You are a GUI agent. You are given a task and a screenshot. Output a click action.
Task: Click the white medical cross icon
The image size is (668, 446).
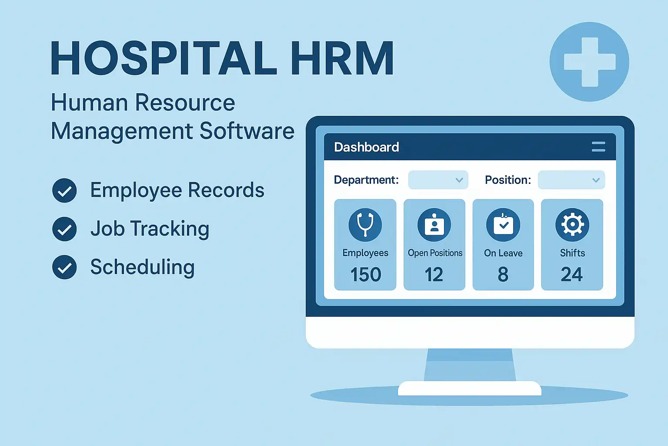590,62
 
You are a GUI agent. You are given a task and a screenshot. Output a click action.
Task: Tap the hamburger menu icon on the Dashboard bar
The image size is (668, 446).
598,147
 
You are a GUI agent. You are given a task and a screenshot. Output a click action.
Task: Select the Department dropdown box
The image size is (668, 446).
438,180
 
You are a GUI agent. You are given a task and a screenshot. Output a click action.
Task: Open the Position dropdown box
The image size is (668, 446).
571,180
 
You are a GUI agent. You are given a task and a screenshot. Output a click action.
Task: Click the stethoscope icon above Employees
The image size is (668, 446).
365,225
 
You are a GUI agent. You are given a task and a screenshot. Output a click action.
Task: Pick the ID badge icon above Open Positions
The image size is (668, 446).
434,225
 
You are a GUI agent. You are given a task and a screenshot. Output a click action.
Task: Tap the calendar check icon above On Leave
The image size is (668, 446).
503,225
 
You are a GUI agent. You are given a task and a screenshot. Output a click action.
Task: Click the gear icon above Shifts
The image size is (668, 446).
572,225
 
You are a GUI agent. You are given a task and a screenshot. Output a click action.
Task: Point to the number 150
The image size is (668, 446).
366,274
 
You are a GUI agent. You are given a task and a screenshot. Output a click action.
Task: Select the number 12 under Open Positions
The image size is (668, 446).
434,274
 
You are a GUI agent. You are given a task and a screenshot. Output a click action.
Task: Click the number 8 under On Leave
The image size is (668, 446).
503,274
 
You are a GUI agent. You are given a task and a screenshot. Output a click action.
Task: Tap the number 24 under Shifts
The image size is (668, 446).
572,274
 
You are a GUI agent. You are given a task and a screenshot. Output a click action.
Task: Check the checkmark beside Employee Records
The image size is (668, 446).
64,191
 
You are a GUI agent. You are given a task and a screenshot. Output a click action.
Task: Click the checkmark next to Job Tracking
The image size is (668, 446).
64,229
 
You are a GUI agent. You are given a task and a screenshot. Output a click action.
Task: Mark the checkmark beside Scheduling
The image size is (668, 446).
64,267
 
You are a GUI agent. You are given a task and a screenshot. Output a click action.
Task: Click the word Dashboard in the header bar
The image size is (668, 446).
367,147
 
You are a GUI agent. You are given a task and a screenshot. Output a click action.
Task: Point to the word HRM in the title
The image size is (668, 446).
342,58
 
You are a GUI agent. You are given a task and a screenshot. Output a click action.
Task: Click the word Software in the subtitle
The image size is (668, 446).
247,131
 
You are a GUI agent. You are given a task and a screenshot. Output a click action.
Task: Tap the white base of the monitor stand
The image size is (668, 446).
470,389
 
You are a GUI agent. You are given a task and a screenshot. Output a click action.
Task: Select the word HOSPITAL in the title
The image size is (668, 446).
164,58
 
